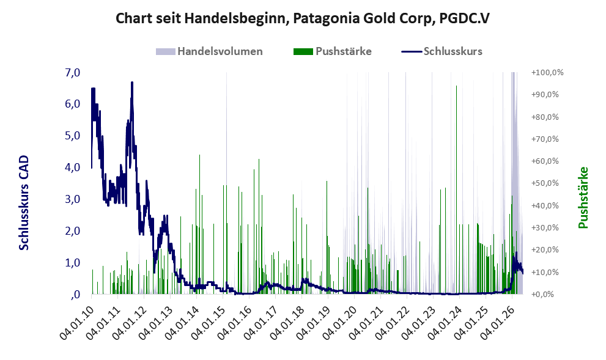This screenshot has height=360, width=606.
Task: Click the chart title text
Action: point(303,18)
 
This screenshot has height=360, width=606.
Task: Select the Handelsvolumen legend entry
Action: point(209,51)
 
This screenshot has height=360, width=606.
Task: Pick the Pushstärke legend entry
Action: point(333,51)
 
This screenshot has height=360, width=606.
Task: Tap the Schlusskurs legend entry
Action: point(442,51)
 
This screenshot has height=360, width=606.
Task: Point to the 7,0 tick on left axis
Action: point(73,73)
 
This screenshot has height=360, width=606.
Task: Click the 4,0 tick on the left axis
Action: point(73,167)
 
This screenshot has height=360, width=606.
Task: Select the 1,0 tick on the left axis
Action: point(73,263)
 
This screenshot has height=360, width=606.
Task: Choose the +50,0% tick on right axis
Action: point(545,183)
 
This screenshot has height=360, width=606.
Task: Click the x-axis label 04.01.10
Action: point(77,323)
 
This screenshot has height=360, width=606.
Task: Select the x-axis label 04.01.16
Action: point(235,323)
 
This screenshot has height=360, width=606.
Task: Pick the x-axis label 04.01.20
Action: point(340,323)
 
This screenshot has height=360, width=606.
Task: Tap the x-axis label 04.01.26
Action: point(497,323)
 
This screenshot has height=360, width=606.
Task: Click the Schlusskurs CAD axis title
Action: point(24,202)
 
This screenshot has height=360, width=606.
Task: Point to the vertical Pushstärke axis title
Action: point(583,197)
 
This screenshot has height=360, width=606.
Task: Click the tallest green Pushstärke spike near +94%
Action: point(456,189)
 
